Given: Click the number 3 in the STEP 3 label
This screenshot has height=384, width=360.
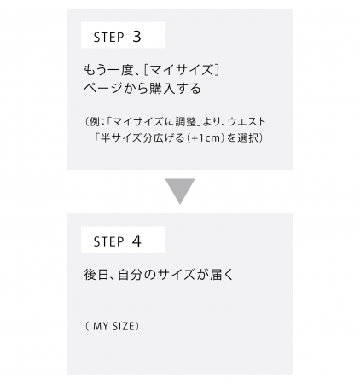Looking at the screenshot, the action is pyautogui.click(x=136, y=37).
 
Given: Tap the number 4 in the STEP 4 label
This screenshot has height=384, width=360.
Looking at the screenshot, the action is pyautogui.click(x=136, y=241).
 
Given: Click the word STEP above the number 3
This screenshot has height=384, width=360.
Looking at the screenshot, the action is pyautogui.click(x=109, y=38).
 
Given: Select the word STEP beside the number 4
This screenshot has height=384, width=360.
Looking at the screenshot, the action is pyautogui.click(x=109, y=242).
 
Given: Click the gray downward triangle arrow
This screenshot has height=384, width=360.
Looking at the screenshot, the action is pyautogui.click(x=180, y=191).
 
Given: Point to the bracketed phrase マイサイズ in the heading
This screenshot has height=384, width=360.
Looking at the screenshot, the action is pyautogui.click(x=182, y=70).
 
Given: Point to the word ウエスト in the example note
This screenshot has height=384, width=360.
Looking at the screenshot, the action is pyautogui.click(x=247, y=122).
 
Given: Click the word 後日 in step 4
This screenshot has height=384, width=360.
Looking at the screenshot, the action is pyautogui.click(x=96, y=275).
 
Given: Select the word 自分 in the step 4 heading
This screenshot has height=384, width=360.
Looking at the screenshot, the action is pyautogui.click(x=130, y=275).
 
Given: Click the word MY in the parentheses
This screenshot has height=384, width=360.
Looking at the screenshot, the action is pyautogui.click(x=101, y=326).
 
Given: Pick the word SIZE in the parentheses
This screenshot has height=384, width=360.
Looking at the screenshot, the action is pyautogui.click(x=123, y=326).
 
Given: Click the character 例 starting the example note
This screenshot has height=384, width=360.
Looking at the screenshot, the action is pyautogui.click(x=95, y=122).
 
